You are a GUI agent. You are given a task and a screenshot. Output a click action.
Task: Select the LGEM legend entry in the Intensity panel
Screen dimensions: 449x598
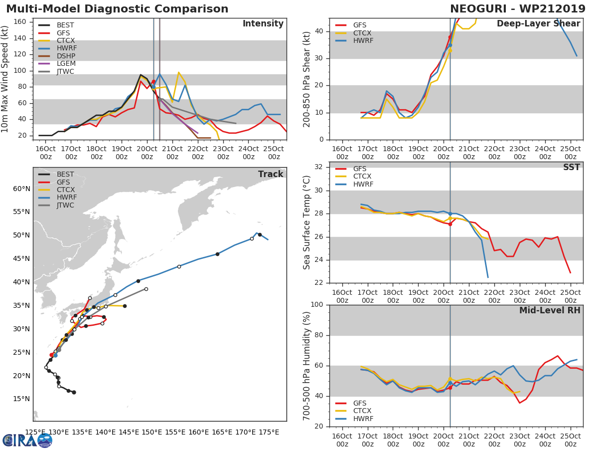click(65, 63)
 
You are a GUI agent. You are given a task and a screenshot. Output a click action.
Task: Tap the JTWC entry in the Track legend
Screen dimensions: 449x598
click(65, 205)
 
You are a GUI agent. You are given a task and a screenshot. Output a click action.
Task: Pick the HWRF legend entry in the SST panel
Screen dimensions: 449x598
click(362, 184)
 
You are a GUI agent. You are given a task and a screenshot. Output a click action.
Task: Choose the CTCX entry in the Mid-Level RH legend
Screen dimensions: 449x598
click(362, 411)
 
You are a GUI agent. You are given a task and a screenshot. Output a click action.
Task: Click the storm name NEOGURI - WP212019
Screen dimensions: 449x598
click(518, 9)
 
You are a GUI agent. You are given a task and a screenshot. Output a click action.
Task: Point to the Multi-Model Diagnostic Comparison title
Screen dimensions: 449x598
click(117, 9)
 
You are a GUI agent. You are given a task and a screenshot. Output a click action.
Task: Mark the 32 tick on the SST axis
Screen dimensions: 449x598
click(319, 167)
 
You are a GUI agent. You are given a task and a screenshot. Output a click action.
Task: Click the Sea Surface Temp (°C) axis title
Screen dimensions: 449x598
click(307, 223)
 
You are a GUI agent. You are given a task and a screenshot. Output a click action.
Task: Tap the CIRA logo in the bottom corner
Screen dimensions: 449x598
click(27, 440)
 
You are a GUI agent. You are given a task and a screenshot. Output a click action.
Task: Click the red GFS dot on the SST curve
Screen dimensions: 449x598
click(450, 224)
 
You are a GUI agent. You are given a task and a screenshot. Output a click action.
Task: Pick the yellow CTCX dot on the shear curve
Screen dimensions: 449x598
click(450, 50)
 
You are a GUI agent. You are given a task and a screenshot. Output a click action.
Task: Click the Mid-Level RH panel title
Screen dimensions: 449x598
click(550, 311)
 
